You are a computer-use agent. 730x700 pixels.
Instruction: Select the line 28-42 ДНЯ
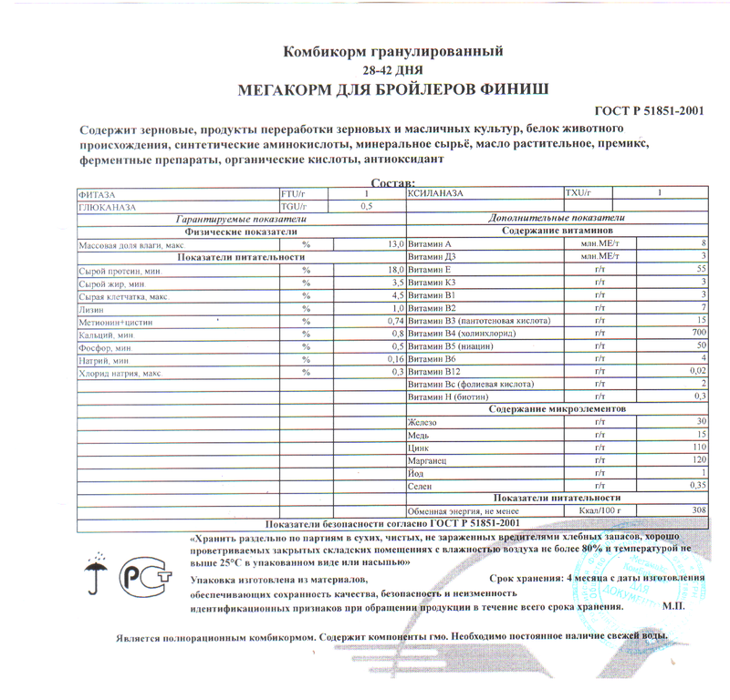click(392, 69)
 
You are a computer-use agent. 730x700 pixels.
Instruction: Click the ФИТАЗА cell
click(99, 194)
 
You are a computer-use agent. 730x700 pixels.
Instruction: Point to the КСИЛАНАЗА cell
click(437, 194)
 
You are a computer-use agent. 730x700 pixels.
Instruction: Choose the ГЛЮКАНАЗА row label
click(109, 207)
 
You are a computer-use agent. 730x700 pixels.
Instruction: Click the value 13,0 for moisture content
click(395, 245)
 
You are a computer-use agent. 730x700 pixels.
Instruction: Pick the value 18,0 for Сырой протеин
click(395, 271)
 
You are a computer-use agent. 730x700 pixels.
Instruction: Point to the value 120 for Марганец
click(699, 461)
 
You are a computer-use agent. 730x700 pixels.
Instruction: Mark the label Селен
click(421, 487)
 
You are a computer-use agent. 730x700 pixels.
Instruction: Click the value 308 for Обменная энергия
click(699, 510)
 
